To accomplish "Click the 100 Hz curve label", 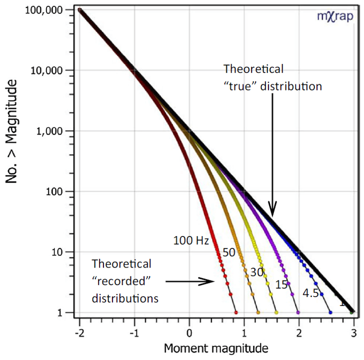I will pos(191,240).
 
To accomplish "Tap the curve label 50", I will pos(229,252).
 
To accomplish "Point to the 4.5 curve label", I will pos(310,293).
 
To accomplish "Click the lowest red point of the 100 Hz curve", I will pos(236,312).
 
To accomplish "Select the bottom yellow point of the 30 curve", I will pos(276,312).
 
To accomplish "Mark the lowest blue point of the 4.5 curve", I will pos(330,312).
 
